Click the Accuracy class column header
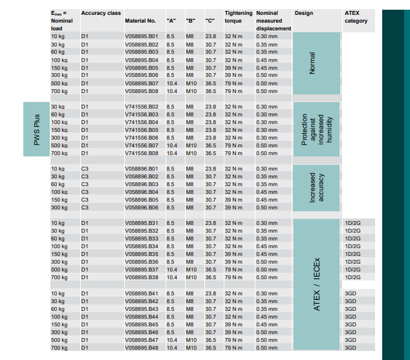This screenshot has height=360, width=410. (99, 13)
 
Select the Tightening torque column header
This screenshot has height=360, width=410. (233, 17)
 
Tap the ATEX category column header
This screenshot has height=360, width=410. (356, 17)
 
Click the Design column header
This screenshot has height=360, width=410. (303, 13)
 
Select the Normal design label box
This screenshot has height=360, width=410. (316, 63)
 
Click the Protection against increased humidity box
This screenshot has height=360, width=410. (316, 129)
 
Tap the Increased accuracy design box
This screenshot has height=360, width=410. (316, 188)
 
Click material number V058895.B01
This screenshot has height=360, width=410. (141, 36)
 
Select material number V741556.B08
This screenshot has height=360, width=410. (141, 153)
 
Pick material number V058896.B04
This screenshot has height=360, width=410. (141, 192)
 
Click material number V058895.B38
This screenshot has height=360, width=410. (141, 277)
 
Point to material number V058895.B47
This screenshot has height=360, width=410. (141, 340)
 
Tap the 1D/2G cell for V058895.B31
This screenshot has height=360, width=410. (353, 223)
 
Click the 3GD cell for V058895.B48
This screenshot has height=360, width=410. (351, 348)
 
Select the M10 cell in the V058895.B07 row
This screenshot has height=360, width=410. (191, 83)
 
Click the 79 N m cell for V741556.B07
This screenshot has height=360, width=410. (233, 145)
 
